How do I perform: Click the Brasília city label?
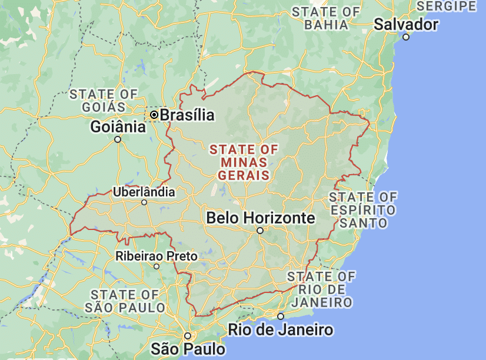point(187,115)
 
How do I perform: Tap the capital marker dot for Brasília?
point(154,115)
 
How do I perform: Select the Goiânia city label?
point(118,127)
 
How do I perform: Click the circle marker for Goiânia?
point(118,139)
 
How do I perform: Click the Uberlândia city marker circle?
point(144,203)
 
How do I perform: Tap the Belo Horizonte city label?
point(261,218)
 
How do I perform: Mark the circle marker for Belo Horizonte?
point(260,231)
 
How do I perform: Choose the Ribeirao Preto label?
point(157,256)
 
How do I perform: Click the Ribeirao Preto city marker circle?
point(157,266)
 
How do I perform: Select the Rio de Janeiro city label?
point(281,329)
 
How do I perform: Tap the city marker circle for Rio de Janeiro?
point(281,316)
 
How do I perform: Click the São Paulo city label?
point(188,348)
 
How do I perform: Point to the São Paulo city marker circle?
point(188,336)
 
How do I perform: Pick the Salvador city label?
point(406,25)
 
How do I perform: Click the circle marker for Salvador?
point(406,37)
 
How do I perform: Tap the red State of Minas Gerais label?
point(244,162)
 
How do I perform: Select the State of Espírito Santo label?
point(362,209)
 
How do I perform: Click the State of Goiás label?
point(104,100)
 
